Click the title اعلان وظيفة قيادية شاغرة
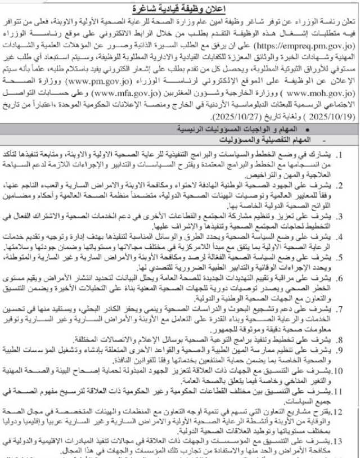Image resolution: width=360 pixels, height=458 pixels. pos(181,8)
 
